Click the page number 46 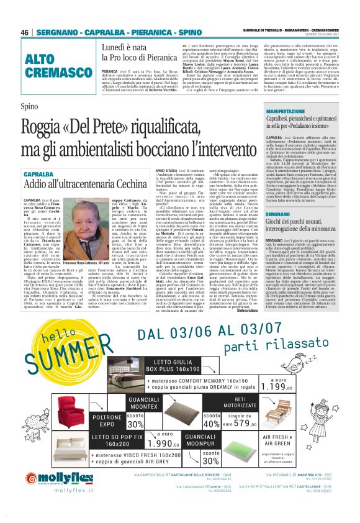(x=25, y=32)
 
